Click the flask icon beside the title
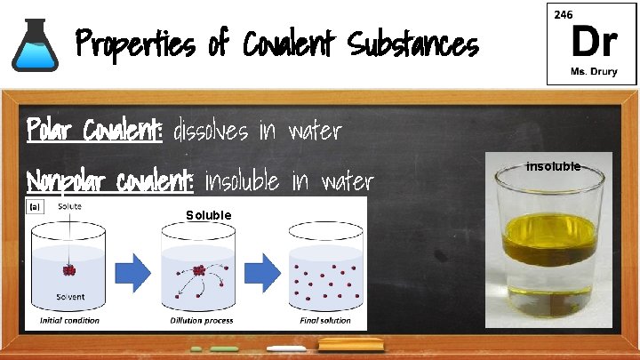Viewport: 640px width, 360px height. click(34, 44)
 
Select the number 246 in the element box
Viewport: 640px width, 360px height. click(564, 15)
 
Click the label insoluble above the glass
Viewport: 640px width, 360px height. click(553, 166)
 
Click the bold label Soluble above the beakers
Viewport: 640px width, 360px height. click(209, 215)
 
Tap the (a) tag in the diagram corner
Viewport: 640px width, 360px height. click(36, 206)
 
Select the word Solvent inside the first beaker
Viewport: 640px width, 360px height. click(71, 297)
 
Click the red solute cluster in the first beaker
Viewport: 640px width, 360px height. click(68, 269)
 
